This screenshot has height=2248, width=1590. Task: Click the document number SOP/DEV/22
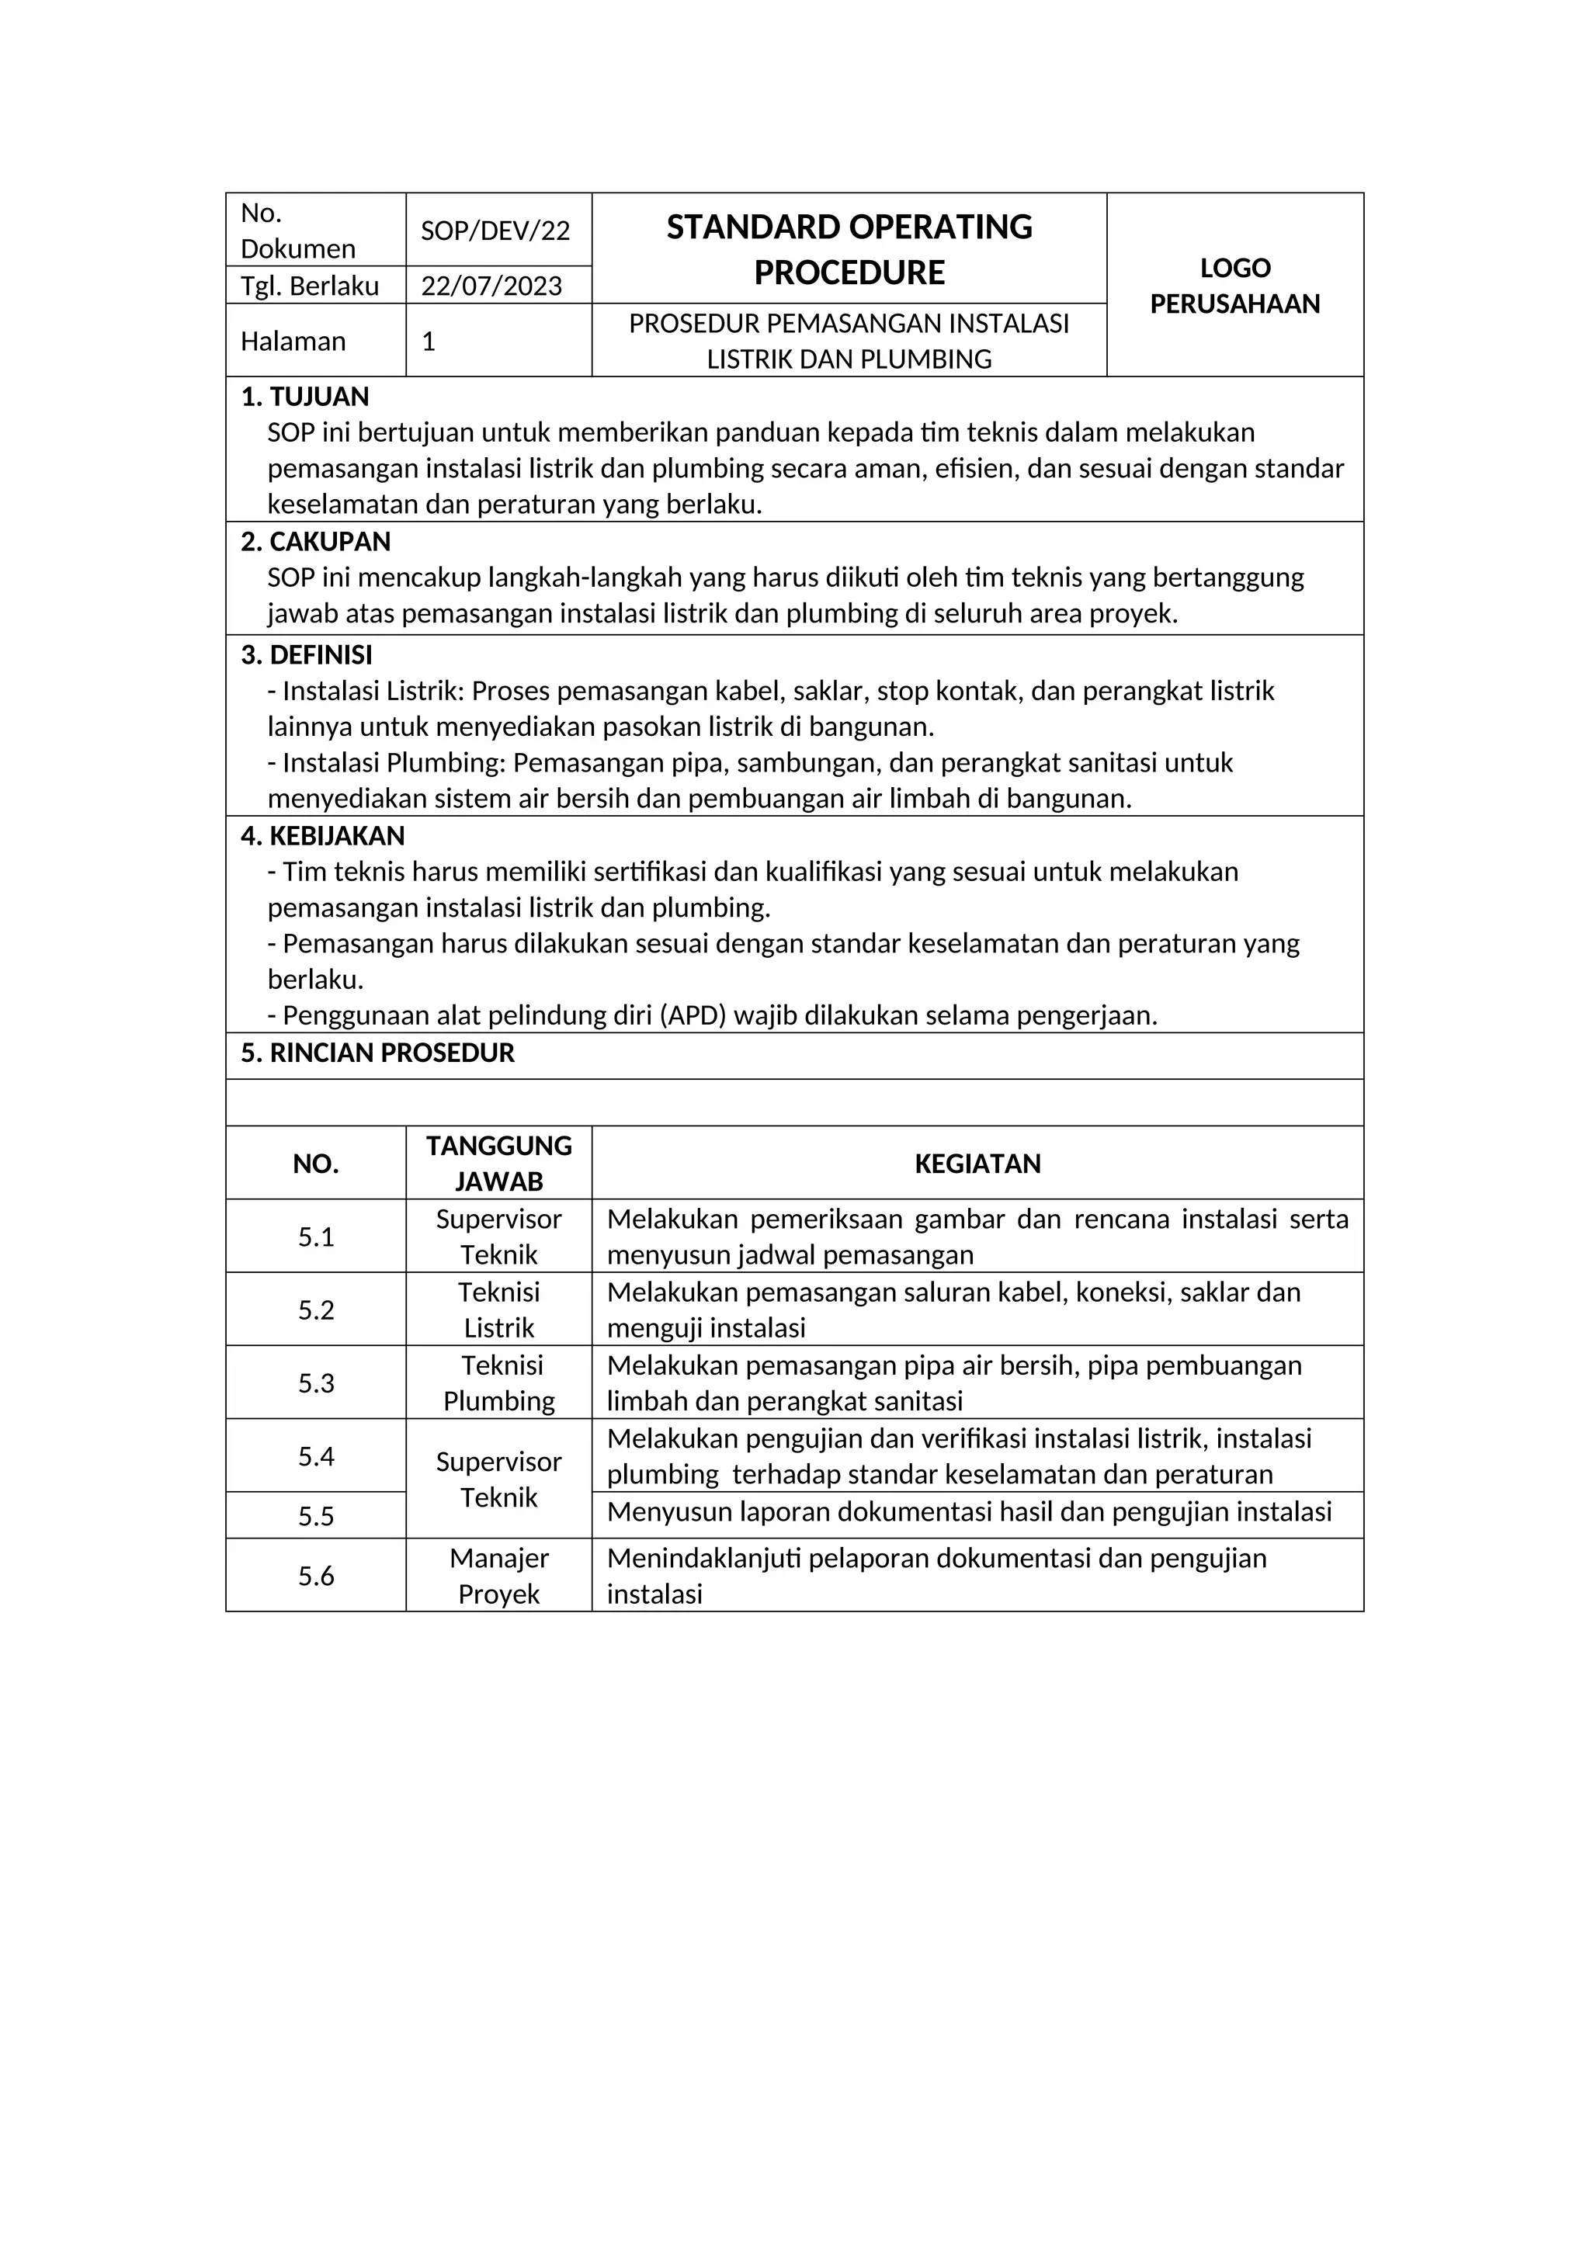495,231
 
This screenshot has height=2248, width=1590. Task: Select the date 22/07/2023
491,286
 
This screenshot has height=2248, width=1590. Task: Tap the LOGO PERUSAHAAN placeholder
1234,286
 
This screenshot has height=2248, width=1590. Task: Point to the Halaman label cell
293,342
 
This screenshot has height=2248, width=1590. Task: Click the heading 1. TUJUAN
305,397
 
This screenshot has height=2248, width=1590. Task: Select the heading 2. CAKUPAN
316,542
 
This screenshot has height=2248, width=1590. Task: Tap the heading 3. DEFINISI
307,655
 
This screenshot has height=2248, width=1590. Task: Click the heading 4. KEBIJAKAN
323,836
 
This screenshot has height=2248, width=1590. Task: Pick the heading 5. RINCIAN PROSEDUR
378,1053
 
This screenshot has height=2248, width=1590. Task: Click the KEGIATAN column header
977,1164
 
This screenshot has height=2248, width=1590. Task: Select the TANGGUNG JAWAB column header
499,1164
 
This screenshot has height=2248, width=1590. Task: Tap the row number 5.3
316,1383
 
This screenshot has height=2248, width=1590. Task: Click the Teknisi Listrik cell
499,1310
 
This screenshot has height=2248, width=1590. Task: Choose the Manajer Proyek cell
499,1577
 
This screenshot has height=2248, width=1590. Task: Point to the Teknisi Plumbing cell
499,1383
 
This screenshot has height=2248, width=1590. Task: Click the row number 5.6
316,1577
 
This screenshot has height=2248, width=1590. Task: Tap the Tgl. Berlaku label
310,286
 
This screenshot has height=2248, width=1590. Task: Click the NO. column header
316,1164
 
